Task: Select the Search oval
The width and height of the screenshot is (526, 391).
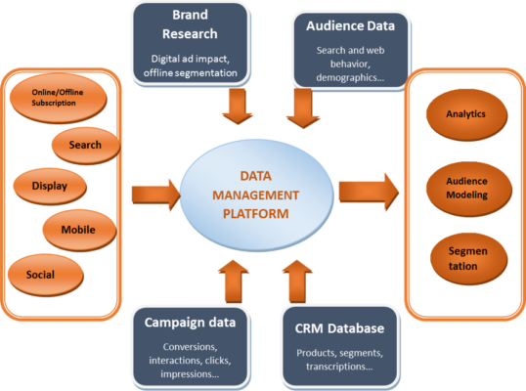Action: pos(85,146)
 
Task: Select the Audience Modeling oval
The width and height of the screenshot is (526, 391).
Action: pos(464,187)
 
